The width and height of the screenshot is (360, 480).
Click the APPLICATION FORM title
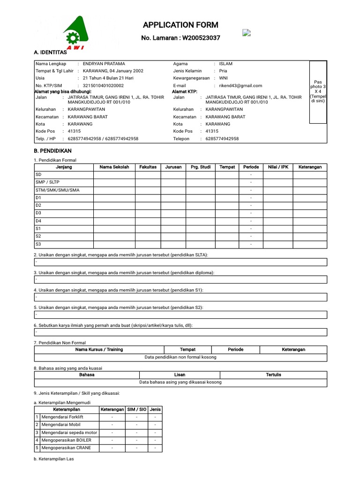pyautogui.click(x=180, y=25)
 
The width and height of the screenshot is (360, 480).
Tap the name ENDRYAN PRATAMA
pyautogui.click(x=104, y=63)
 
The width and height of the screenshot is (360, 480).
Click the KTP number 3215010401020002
pyautogui.click(x=103, y=86)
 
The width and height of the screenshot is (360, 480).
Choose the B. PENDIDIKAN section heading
pyautogui.click(x=52, y=151)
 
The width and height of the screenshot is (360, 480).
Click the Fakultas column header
pyautogui.click(x=148, y=167)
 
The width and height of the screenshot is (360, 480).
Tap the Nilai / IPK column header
pyautogui.click(x=278, y=167)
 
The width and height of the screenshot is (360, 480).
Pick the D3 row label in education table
pyautogui.click(x=38, y=213)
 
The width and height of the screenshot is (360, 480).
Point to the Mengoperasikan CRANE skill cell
pyautogui.click(x=67, y=448)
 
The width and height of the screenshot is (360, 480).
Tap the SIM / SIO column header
pyautogui.click(x=136, y=409)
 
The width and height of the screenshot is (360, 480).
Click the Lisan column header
pyautogui.click(x=180, y=375)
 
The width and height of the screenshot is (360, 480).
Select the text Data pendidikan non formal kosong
pyautogui.click(x=180, y=357)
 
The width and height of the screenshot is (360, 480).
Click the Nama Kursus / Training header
pyautogui.click(x=99, y=349)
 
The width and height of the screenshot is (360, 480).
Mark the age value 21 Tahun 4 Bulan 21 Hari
pyautogui.click(x=108, y=78)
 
